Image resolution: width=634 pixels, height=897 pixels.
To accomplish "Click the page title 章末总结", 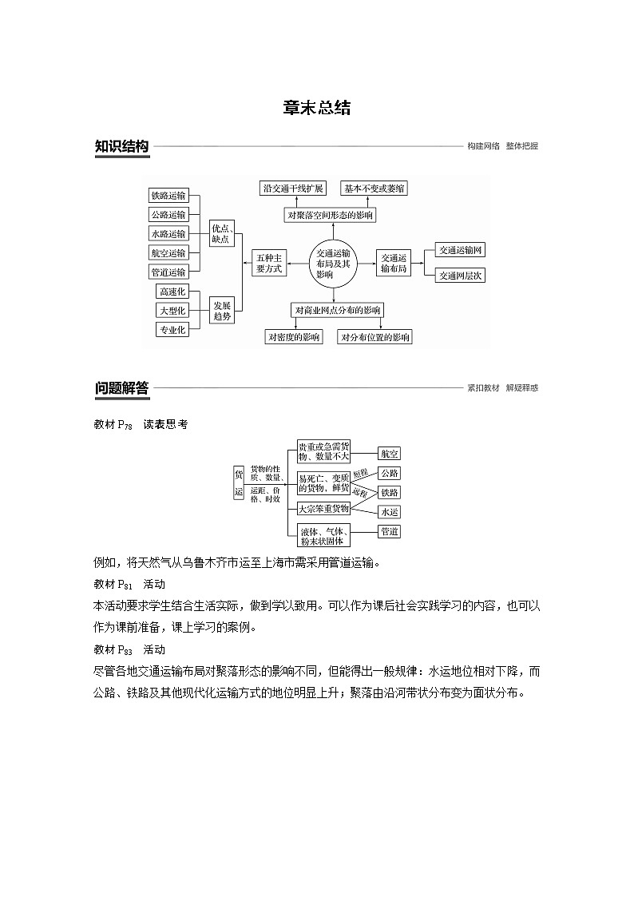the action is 316,109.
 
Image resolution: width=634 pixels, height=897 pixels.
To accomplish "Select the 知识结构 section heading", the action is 121,146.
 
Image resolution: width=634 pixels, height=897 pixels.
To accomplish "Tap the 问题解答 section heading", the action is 121,388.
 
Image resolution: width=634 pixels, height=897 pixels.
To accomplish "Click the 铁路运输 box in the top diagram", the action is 168,196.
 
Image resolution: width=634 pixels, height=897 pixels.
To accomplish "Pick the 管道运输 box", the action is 168,272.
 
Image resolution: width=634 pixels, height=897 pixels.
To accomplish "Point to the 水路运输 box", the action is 168,234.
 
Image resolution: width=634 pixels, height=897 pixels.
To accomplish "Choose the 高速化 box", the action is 172,292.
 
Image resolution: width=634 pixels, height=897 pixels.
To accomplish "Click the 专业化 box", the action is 172,329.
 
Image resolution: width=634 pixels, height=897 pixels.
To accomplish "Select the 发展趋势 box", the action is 221,311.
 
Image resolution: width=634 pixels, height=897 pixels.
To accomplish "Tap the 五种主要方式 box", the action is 268,264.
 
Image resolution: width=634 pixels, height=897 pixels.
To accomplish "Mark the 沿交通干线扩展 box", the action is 293,189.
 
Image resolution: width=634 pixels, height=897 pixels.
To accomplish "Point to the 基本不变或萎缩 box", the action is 373,189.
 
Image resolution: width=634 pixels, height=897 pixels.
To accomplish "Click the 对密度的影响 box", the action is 294,337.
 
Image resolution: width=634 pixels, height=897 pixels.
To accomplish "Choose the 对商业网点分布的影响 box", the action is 338,310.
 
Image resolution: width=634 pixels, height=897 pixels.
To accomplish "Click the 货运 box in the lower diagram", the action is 238,483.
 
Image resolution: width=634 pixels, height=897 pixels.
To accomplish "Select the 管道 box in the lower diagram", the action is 390,531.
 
